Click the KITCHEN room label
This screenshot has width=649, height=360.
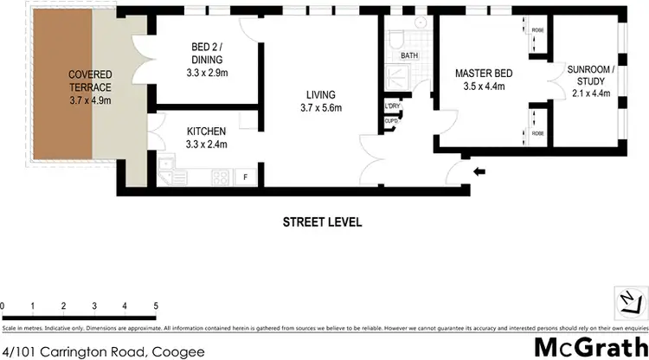(207, 132)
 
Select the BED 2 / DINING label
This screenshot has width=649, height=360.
(207, 54)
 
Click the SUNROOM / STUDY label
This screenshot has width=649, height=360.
(588, 74)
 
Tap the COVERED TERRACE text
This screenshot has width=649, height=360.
(90, 80)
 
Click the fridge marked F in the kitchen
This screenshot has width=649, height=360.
(245, 178)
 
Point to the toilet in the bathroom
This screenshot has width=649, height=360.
(397, 39)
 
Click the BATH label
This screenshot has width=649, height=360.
(409, 56)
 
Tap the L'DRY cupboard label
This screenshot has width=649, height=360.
(392, 107)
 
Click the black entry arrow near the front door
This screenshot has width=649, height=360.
(480, 170)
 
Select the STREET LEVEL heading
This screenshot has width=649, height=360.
(323, 222)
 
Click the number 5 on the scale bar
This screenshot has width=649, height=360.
(156, 306)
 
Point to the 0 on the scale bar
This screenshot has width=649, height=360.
(3, 306)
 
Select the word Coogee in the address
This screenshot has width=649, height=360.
(180, 350)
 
